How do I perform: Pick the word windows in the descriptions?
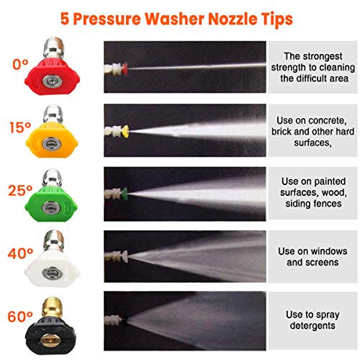pos(328,251)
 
